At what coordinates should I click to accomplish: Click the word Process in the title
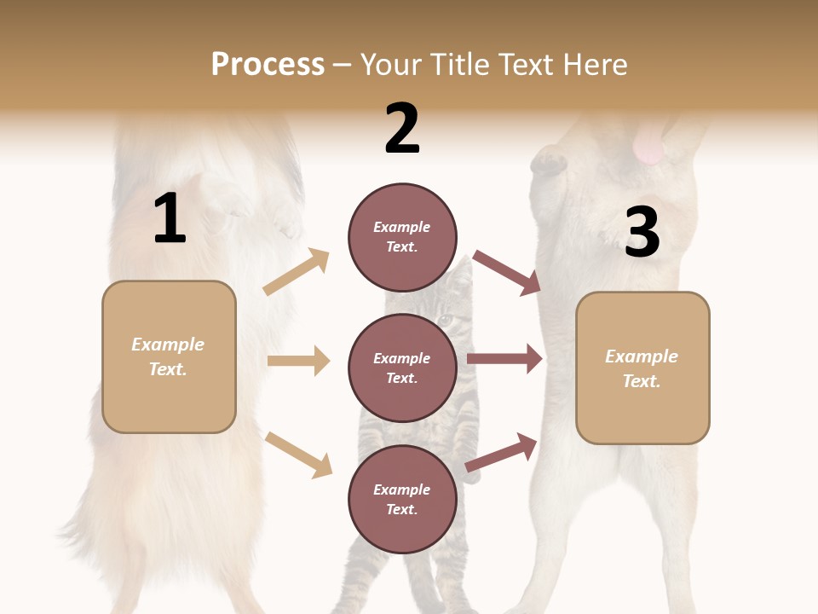pos(268,65)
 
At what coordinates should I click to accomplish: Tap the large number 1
pos(170,219)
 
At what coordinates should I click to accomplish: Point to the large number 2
pos(402,129)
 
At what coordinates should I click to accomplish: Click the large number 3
pos(642,232)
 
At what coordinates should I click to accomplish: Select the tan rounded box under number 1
pos(169,356)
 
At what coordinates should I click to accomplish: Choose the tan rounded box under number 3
pos(642,368)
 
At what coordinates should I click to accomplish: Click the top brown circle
pos(402,236)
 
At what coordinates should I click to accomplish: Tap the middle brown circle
pos(402,368)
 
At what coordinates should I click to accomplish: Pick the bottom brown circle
pos(402,499)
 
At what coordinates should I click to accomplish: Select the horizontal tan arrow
pos(298,361)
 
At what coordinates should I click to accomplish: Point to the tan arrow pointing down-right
pos(298,454)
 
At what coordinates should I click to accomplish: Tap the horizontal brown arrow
pos(504,359)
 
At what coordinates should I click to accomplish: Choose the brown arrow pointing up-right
pos(502,453)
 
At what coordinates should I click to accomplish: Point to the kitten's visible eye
pos(446,321)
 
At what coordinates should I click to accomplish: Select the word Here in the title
pos(596,65)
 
